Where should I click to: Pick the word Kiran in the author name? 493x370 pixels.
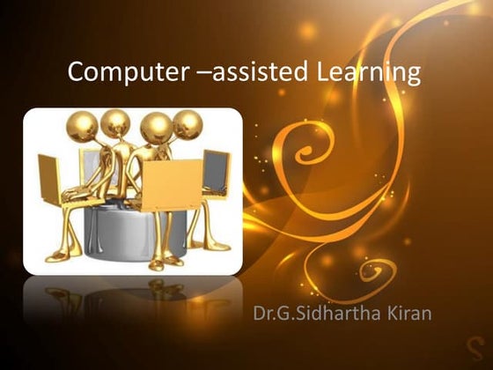click(x=404, y=314)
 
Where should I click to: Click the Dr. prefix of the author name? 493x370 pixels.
click(x=265, y=314)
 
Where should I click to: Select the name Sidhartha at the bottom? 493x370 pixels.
click(x=334, y=314)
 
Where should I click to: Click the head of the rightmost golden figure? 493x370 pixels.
click(x=187, y=124)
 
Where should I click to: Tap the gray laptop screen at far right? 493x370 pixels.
click(x=216, y=173)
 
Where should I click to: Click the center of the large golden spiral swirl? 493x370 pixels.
click(x=304, y=145)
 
